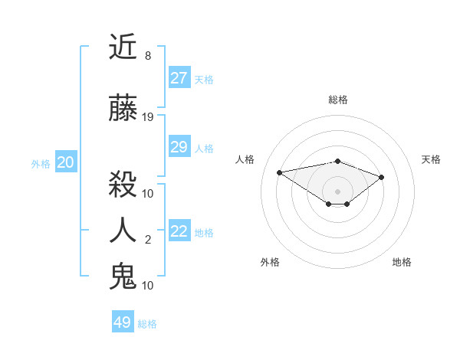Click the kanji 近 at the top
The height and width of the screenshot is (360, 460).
(123, 47)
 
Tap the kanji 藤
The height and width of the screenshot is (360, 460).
(123, 108)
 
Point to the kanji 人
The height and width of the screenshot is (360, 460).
(123, 231)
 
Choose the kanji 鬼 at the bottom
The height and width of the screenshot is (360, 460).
(123, 276)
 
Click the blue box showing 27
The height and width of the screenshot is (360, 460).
(179, 78)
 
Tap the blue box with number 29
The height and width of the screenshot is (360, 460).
(179, 147)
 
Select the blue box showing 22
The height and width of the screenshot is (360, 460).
(179, 232)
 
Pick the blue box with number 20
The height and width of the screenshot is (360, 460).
(65, 162)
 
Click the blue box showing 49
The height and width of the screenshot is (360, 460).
(122, 322)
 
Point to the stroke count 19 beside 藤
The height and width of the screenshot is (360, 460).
(148, 117)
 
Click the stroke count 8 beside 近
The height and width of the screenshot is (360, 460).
(148, 56)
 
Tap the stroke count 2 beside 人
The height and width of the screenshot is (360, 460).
(148, 240)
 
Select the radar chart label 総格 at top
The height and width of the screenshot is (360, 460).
(337, 100)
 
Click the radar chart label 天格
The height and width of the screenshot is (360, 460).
(431, 159)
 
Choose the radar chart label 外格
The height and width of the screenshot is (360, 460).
(270, 262)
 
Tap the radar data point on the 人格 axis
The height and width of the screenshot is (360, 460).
(280, 172)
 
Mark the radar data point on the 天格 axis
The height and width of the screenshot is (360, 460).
(381, 177)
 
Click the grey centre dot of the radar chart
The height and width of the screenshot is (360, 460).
(337, 191)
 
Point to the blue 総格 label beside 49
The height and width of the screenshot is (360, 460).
(147, 324)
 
